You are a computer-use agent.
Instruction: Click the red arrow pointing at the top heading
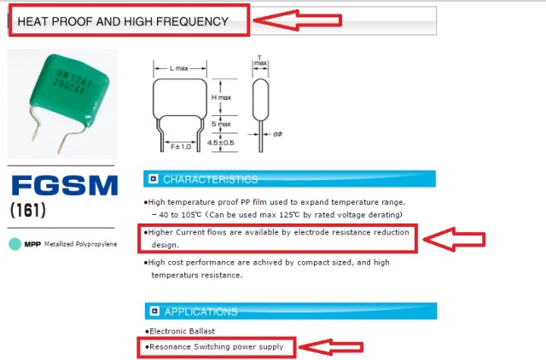point(298,20)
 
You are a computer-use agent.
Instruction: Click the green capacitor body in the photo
point(69,88)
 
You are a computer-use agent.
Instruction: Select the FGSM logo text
point(65,185)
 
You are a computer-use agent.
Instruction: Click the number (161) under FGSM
point(28,211)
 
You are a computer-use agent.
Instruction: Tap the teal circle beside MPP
point(15,244)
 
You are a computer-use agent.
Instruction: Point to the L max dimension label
point(179,68)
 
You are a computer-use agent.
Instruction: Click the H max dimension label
point(221,97)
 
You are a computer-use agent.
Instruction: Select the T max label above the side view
point(260,61)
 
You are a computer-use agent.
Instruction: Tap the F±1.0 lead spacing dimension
point(181,147)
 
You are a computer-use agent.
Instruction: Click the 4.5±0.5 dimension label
point(221,142)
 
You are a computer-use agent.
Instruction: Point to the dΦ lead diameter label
point(277,134)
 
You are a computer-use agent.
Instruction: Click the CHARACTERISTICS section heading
point(211,179)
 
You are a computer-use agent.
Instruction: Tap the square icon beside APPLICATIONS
point(154,311)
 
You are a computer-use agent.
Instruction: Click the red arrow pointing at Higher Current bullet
point(455,239)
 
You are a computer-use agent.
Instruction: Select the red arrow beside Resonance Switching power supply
point(331,347)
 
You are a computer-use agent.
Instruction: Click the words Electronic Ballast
point(182,331)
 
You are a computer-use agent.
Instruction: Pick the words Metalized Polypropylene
point(80,244)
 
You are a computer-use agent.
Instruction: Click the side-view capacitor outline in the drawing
point(260,100)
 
